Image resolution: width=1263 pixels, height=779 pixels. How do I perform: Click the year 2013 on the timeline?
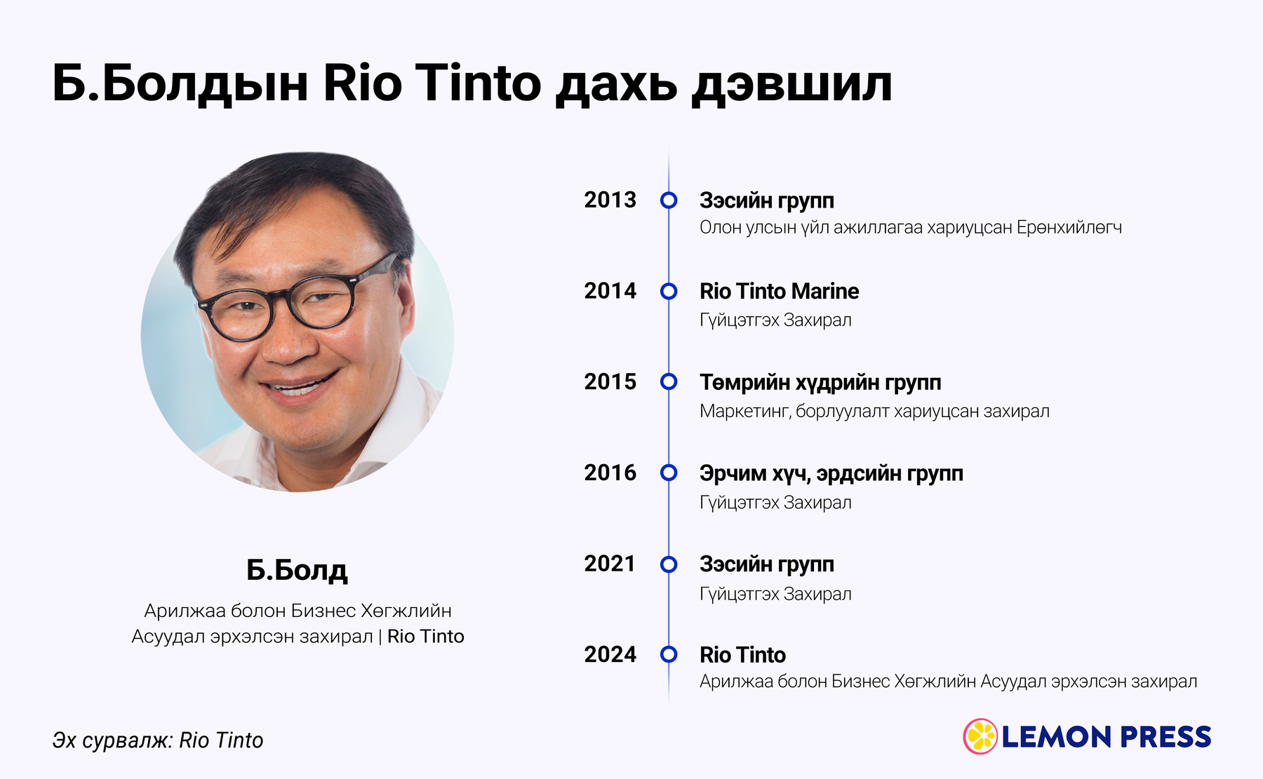coord(610,200)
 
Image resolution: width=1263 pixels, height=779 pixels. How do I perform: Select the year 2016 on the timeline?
coord(610,473)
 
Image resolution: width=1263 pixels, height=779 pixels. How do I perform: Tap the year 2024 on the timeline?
coord(610,654)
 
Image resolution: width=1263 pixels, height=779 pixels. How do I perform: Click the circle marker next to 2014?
coord(669,291)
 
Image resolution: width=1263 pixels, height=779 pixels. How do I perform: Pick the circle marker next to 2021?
coord(669,564)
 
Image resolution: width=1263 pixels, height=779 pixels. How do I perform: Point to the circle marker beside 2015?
coord(669,381)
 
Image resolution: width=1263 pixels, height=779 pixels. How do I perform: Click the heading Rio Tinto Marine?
coord(779,291)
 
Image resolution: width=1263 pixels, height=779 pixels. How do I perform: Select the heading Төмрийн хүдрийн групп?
coord(820,383)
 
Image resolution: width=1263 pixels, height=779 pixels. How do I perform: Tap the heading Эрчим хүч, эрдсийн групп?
coord(831,474)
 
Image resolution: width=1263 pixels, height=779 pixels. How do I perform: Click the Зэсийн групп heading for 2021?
coord(767,564)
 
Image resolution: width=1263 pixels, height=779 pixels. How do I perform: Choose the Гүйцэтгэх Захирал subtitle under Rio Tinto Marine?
coord(775,320)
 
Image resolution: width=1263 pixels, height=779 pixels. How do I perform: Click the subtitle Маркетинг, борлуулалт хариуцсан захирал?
coord(874,412)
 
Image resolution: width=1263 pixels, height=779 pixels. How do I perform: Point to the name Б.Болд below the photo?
coord(297,570)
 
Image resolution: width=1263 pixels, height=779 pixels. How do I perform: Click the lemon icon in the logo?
coord(980,736)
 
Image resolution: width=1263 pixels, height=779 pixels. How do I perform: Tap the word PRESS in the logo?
coord(1165,737)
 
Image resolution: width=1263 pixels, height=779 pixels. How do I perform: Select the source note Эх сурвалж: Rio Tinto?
coord(158,740)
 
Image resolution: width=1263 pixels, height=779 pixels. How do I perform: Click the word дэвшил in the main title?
coord(791,84)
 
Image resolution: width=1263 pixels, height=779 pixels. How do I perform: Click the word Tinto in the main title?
coord(479,83)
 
